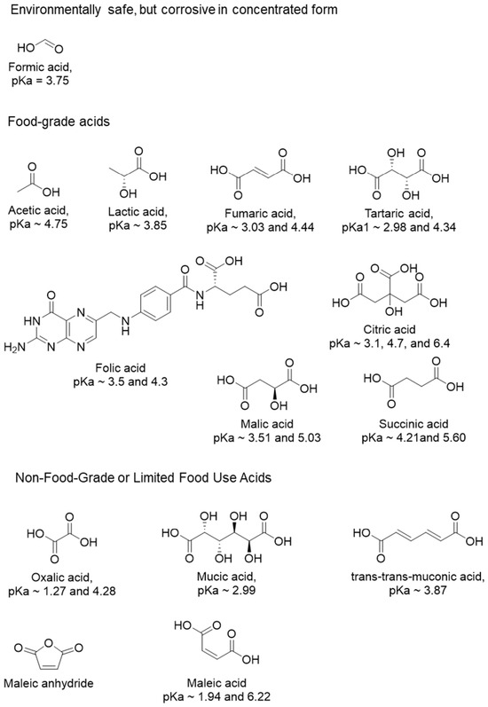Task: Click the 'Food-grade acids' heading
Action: (x=59, y=122)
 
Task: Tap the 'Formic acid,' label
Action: (x=40, y=67)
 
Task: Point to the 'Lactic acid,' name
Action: (x=138, y=212)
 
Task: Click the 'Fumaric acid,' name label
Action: (x=260, y=213)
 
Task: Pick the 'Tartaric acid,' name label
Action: (x=398, y=213)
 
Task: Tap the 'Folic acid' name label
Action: (x=121, y=368)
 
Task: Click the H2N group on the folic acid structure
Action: (x=14, y=347)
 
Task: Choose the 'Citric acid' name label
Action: (x=390, y=330)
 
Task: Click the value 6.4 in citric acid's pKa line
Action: (x=440, y=343)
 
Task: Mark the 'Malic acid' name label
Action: (x=267, y=424)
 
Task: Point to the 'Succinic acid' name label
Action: (x=413, y=424)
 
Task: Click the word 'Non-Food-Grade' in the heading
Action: (x=66, y=478)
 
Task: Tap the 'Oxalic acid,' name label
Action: (x=62, y=577)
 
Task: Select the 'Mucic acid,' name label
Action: (x=226, y=577)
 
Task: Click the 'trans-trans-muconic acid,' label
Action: (x=418, y=577)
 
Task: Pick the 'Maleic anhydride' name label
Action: (x=48, y=683)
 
